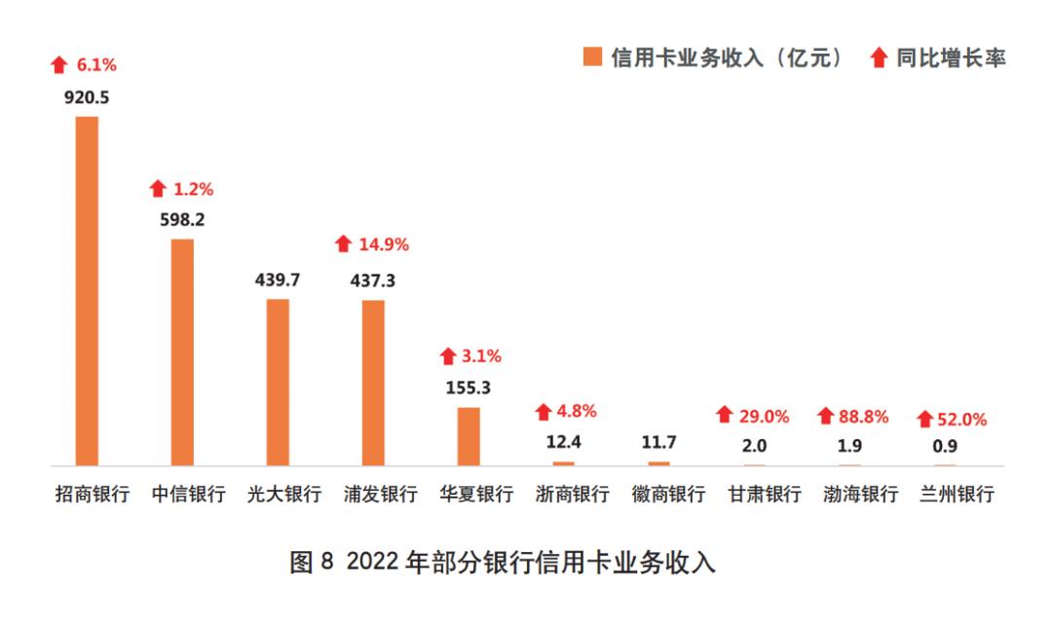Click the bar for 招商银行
point(88,290)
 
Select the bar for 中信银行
point(183,352)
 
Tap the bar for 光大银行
point(278,382)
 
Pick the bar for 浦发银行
point(373,383)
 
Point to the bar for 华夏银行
point(469,435)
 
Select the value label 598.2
point(183,220)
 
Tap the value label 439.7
point(278,280)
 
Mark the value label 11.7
point(658,443)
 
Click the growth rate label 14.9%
point(384,244)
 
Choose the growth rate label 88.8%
point(863,417)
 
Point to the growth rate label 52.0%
point(961,420)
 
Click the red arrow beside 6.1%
point(59,65)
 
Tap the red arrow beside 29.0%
point(724,416)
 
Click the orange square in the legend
point(591,57)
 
